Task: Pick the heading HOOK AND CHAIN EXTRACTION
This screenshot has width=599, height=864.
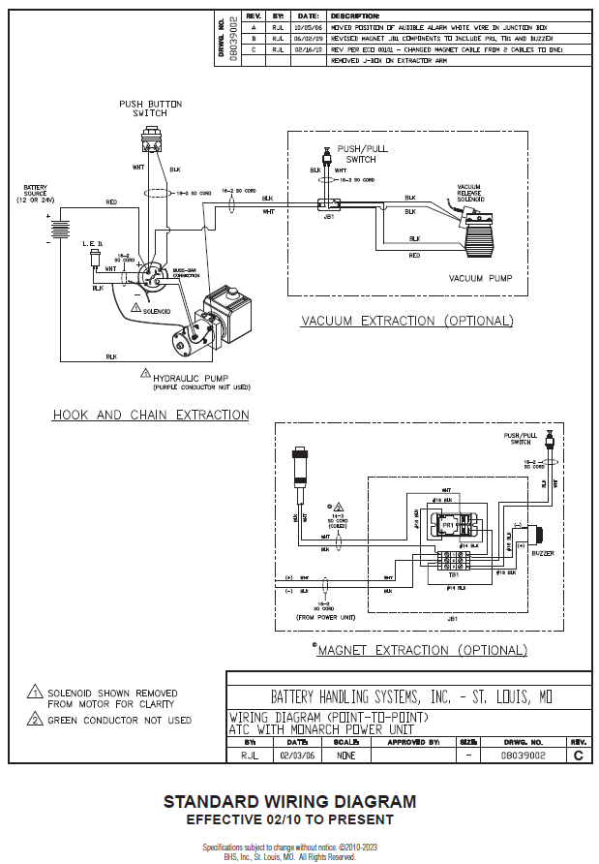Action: [x=150, y=415]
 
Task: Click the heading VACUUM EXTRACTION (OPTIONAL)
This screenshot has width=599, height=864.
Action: [x=407, y=321]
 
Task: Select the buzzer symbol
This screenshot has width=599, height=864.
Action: [x=540, y=535]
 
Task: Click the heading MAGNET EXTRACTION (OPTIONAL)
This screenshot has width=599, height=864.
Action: [x=422, y=650]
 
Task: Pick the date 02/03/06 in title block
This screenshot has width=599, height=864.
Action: [x=293, y=754]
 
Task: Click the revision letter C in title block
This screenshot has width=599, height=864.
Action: [x=578, y=754]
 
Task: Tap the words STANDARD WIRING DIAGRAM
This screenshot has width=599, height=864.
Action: [x=289, y=802]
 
